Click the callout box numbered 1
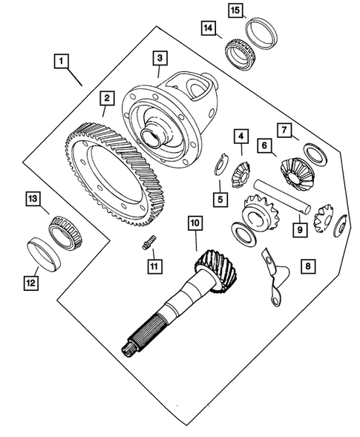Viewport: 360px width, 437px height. point(62,61)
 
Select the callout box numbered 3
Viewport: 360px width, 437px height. point(160,58)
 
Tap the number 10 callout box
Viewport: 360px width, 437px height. point(195,223)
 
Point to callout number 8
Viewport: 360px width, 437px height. point(308,266)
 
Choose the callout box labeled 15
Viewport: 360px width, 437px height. point(235,10)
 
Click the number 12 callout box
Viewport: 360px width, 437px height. point(31,283)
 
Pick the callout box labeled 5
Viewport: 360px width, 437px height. point(220,200)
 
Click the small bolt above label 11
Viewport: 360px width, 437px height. point(149,242)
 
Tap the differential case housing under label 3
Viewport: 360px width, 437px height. point(170,120)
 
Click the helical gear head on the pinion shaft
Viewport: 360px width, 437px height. point(217,271)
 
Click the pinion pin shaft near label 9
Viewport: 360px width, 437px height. point(281,197)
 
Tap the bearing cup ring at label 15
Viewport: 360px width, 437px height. point(261,33)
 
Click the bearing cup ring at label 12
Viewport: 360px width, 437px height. point(45,254)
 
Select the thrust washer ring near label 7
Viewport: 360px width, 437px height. point(315,154)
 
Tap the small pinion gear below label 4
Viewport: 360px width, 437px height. point(241,176)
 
